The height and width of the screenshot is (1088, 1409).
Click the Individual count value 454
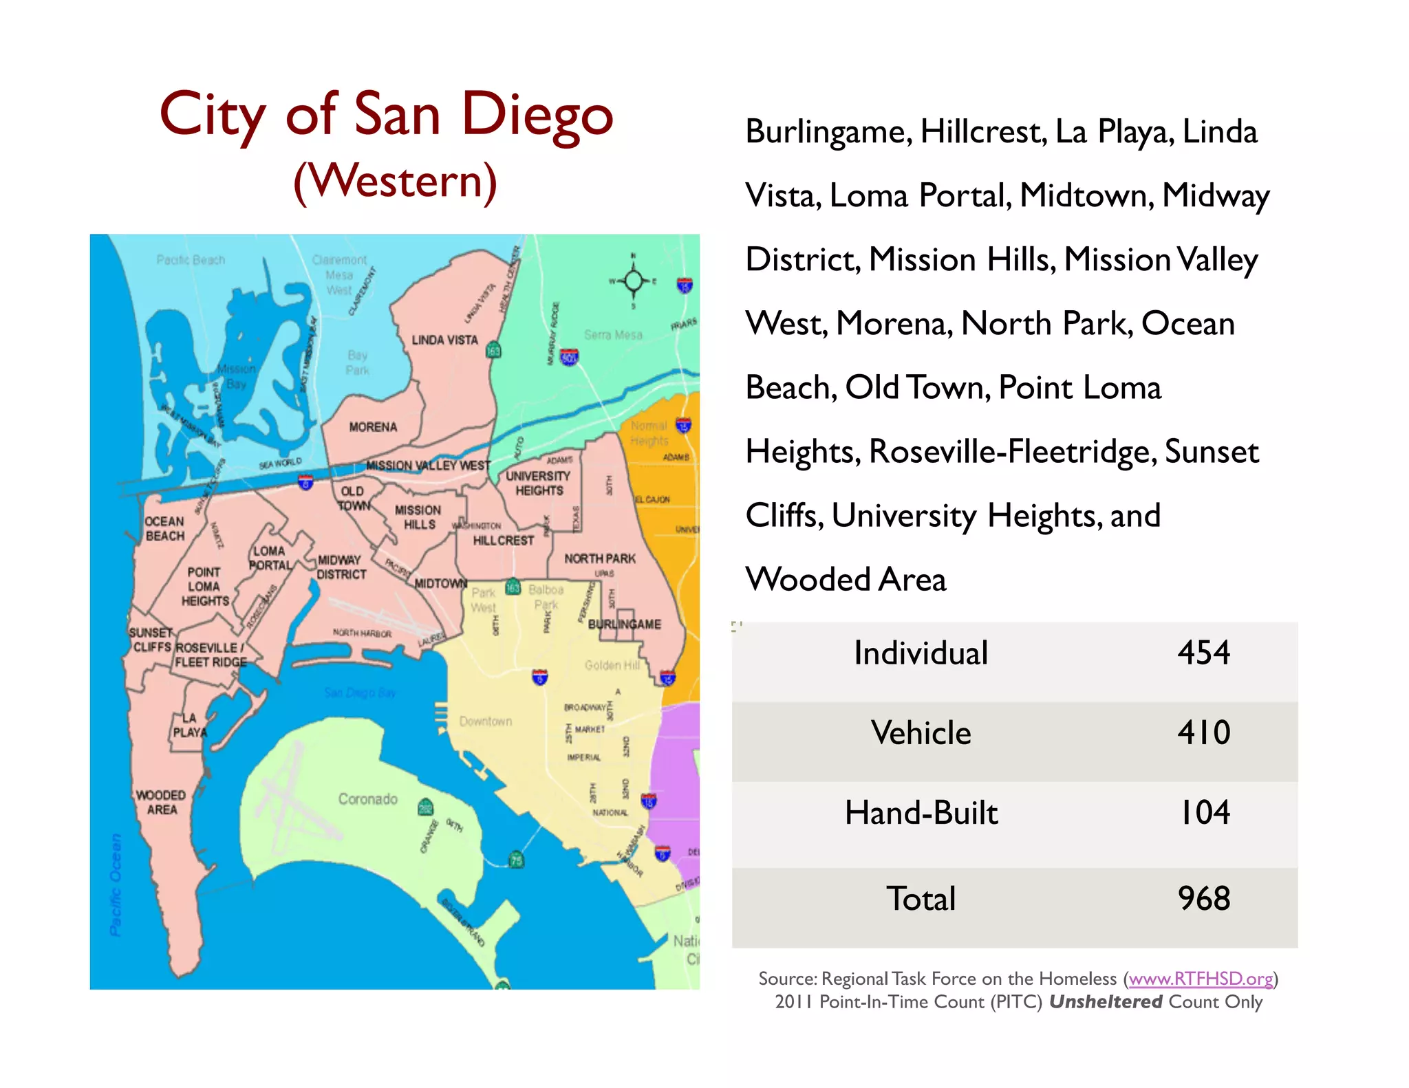(x=1203, y=652)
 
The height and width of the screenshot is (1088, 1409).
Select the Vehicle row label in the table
(x=921, y=732)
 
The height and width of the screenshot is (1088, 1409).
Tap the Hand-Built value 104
(x=1204, y=812)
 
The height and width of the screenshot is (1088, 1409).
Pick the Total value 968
(x=1203, y=898)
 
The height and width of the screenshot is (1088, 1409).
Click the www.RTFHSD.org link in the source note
(x=1201, y=978)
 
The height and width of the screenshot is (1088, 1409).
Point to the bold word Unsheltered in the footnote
(x=1105, y=1001)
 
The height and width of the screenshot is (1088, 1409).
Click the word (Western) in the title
(x=395, y=181)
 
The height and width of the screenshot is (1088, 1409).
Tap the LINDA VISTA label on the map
(x=444, y=340)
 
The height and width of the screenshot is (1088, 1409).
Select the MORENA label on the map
(x=373, y=427)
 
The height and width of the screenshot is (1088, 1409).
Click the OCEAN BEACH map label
(x=164, y=528)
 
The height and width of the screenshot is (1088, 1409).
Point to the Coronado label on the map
(x=367, y=798)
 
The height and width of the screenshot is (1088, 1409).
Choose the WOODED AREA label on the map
(x=161, y=802)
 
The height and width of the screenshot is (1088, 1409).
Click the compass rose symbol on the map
(x=634, y=281)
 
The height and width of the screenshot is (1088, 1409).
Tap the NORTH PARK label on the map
(x=600, y=558)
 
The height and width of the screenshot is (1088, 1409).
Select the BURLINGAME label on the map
(x=624, y=624)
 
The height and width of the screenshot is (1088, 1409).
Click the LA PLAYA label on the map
(x=189, y=725)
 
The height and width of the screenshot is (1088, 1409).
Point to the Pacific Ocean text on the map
(x=116, y=885)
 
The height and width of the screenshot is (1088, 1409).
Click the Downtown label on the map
(x=486, y=721)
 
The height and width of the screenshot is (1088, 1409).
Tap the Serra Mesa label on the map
(x=613, y=335)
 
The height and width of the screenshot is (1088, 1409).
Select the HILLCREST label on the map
(x=503, y=541)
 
